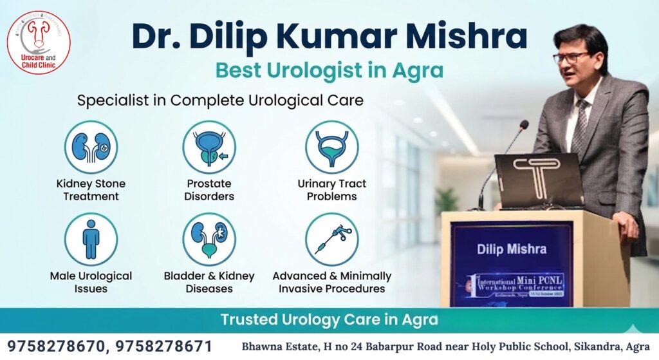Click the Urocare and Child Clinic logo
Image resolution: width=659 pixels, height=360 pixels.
39,43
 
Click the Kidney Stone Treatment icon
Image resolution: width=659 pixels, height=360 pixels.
91,147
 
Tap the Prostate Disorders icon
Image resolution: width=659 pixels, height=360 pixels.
209,147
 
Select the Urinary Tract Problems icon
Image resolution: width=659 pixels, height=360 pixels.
331,147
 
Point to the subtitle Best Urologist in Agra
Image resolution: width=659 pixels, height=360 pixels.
329,70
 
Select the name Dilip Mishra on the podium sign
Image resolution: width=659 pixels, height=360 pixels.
512,249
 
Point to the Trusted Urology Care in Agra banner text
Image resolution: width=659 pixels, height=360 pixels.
329,319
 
